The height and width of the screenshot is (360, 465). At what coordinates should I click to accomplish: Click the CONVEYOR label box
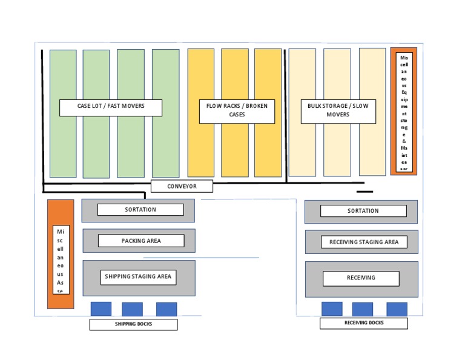tap(182, 186)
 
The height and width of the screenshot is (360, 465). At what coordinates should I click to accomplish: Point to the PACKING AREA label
tap(141, 241)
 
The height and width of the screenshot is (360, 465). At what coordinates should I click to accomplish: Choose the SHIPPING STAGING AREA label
tap(138, 277)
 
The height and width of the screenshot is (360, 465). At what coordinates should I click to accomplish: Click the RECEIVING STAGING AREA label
tap(364, 242)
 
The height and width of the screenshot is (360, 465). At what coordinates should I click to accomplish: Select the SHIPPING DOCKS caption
tap(133, 324)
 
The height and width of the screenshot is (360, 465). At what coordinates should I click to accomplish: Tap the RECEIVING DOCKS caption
tap(363, 323)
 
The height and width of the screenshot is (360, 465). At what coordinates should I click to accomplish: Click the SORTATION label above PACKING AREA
tap(140, 210)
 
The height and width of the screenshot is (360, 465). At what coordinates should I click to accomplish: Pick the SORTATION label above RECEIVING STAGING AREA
tap(363, 211)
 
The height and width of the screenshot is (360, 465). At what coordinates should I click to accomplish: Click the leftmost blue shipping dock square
tap(101, 308)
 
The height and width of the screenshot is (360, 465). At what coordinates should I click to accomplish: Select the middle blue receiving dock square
tap(363, 309)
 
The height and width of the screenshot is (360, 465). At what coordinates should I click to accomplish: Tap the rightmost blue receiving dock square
tap(397, 309)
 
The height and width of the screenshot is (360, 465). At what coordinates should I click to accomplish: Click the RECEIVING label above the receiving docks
tap(361, 278)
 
